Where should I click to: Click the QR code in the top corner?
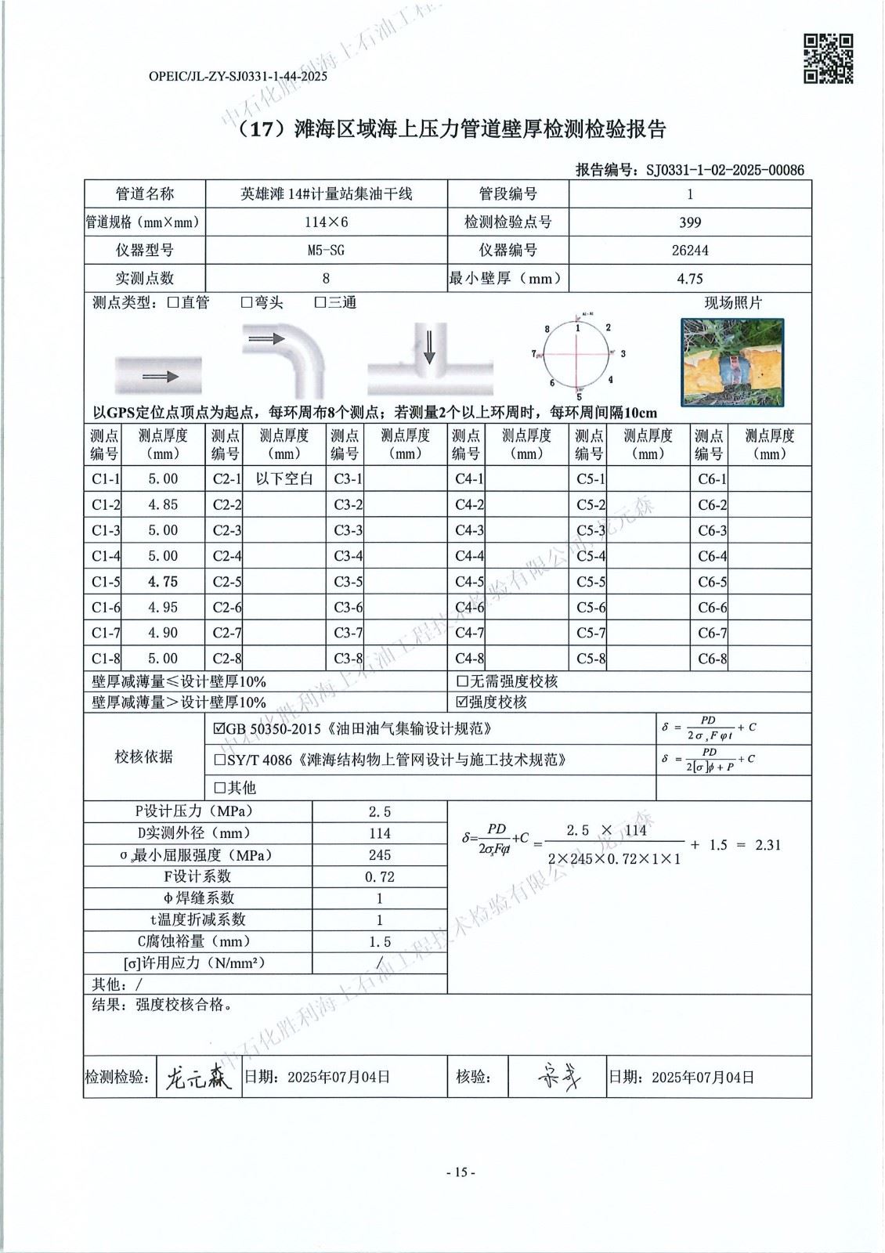[x=829, y=58]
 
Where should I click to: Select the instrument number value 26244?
[x=690, y=251]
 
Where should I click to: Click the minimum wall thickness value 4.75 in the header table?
[x=690, y=279]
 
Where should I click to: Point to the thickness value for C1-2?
[x=163, y=505]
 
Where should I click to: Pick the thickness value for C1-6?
[x=163, y=608]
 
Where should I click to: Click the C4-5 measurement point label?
[x=469, y=583]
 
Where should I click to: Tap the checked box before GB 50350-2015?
[x=219, y=729]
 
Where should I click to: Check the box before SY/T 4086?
[x=219, y=760]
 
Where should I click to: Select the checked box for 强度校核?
[x=462, y=702]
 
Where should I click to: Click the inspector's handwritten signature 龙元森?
[x=199, y=1080]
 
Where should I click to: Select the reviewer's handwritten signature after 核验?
[x=560, y=1079]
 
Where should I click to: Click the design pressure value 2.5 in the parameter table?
[x=380, y=812]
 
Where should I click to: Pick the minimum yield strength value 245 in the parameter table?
[x=380, y=855]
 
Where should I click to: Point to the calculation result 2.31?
[x=768, y=845]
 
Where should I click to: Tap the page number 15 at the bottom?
[x=460, y=1172]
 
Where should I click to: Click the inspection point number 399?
[x=690, y=222]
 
